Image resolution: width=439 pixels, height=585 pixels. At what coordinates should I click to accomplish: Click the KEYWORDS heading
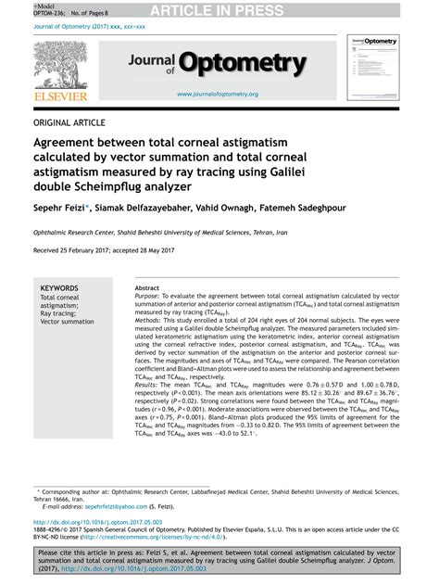60,289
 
